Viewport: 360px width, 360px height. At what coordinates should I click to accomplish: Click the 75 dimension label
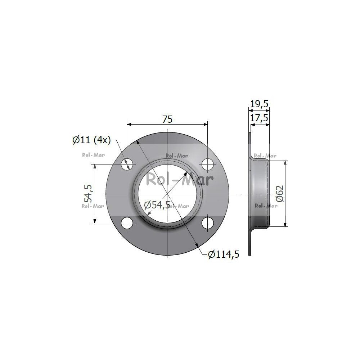coord(167,120)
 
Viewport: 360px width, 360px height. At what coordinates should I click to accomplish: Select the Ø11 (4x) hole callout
coord(91,140)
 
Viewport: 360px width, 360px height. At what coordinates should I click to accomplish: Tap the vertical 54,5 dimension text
coord(88,194)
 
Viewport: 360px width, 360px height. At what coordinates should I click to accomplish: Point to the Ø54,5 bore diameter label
coord(157,205)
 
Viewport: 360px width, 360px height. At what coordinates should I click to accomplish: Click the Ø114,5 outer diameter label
coord(224,254)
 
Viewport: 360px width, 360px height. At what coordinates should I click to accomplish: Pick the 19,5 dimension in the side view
coord(259,104)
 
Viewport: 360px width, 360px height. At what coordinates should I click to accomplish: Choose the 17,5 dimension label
coord(259,118)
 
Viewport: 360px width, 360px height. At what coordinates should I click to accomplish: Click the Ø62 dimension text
coord(280,194)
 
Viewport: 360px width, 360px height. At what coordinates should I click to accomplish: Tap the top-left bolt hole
coord(127,164)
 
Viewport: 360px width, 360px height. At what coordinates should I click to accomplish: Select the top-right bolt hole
coord(208,164)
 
